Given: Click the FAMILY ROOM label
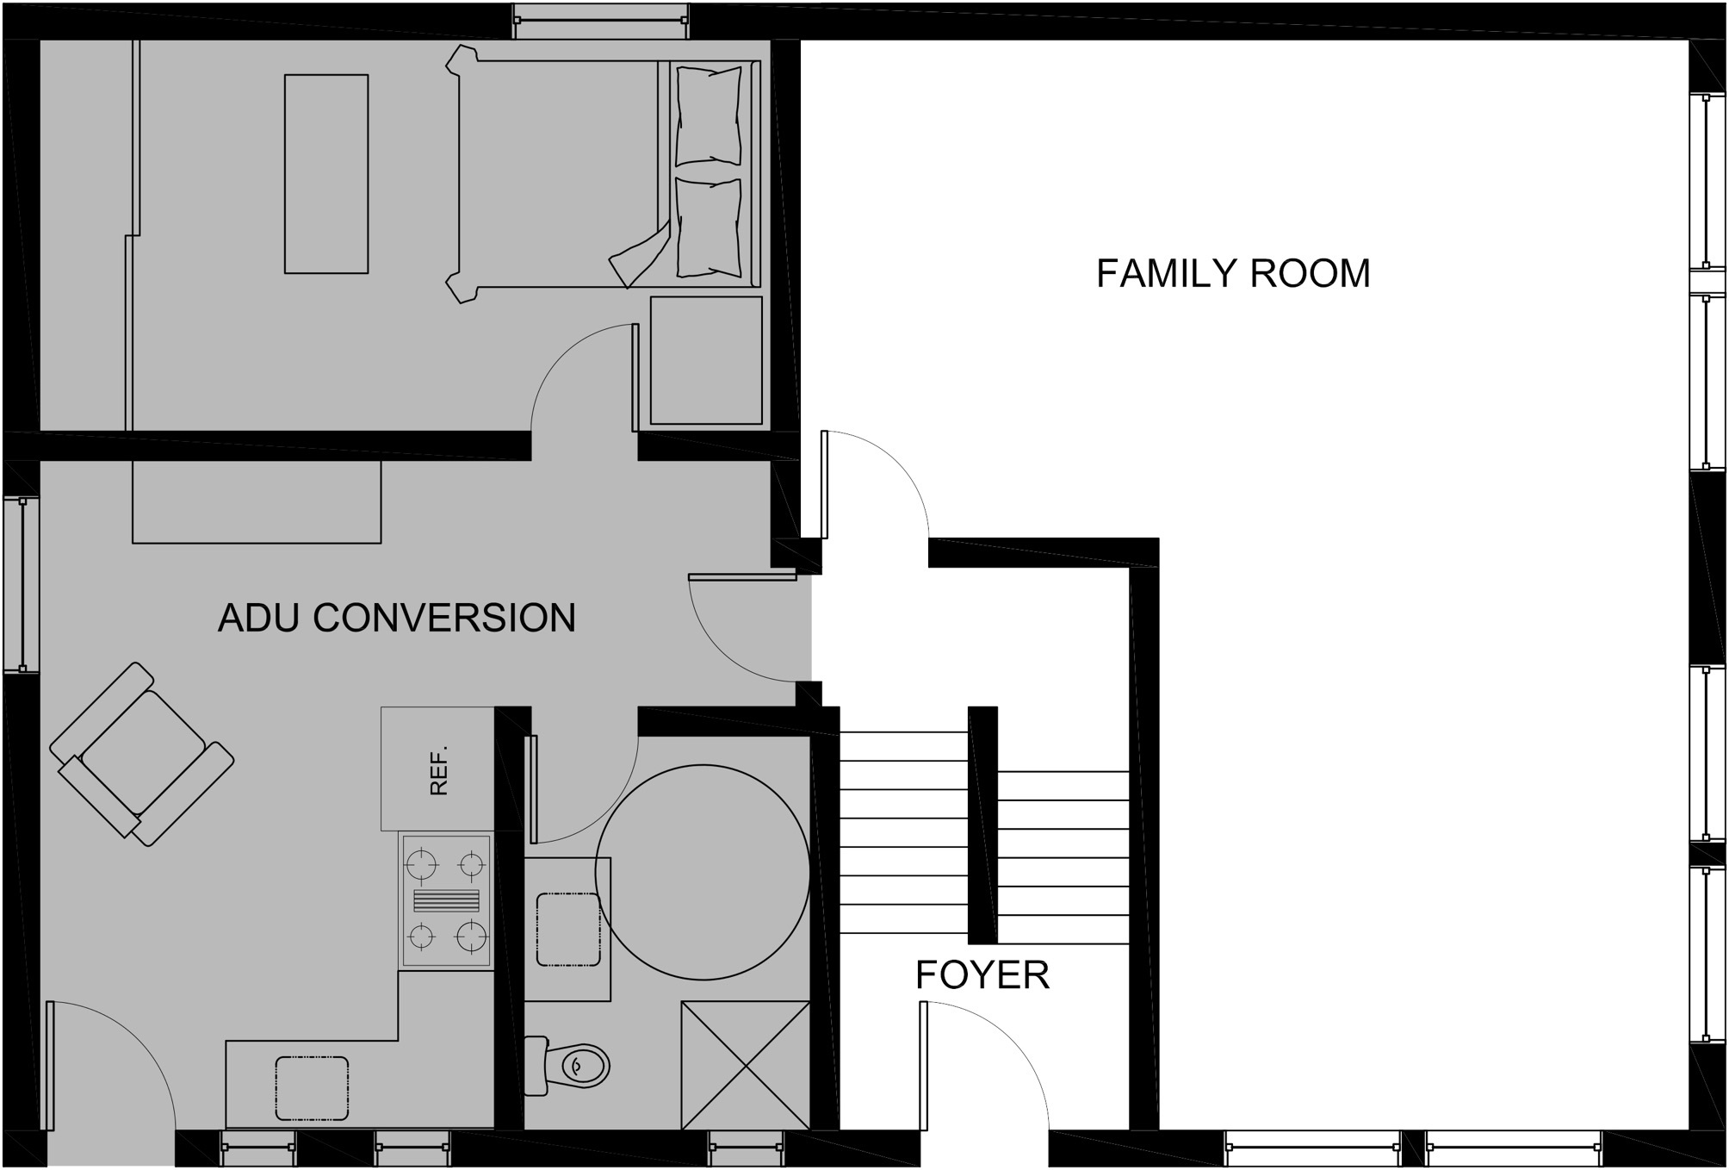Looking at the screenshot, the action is [1232, 273].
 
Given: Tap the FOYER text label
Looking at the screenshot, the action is [982, 974].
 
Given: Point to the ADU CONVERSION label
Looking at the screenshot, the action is [397, 618].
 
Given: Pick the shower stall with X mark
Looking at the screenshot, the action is [745, 1065].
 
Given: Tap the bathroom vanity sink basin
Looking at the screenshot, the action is [568, 930].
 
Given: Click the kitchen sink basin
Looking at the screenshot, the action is [312, 1088].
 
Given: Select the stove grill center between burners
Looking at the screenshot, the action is [446, 901].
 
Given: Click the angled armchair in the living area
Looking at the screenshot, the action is [142, 754].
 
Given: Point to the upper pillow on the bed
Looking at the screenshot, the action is [708, 116].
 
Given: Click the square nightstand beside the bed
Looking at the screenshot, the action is [706, 360].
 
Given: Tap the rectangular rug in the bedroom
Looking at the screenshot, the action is [326, 174].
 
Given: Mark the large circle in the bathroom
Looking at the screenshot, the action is [703, 872].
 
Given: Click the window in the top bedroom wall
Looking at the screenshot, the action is [600, 21].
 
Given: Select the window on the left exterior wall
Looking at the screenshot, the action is [21, 584].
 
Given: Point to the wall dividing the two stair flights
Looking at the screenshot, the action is [982, 825].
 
